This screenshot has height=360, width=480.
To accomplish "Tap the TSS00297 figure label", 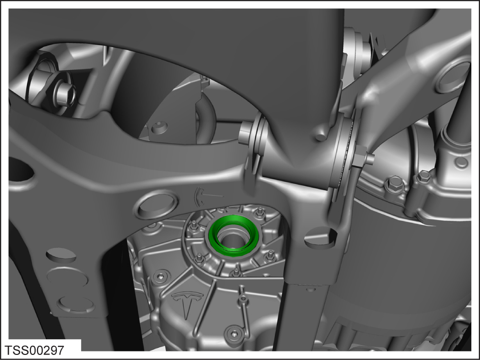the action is [x=35, y=350].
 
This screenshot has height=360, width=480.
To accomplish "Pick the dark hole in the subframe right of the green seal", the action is [x=321, y=237].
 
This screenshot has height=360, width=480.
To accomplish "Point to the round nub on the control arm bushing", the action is [x=321, y=135].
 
